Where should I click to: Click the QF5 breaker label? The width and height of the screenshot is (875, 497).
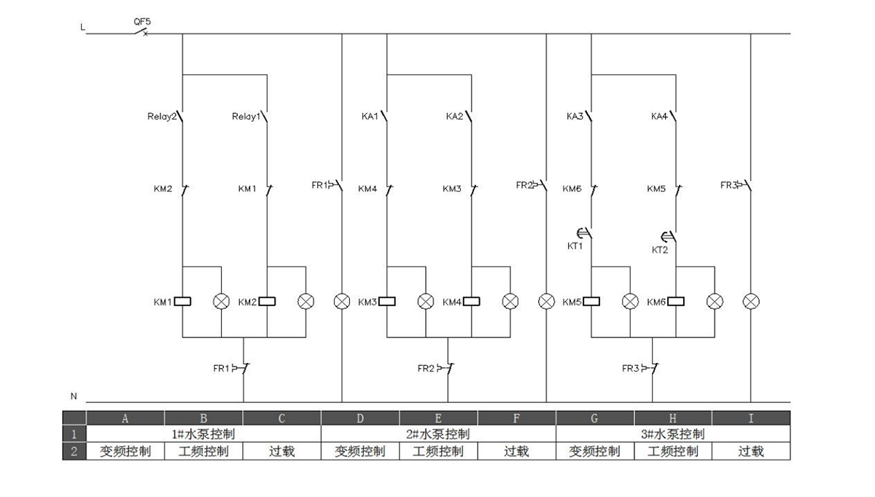coord(142,22)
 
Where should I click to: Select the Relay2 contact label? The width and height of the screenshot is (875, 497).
coord(162,117)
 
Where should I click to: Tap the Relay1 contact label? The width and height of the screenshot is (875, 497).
coord(246,117)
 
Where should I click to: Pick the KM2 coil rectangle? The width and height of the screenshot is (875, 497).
coord(268,301)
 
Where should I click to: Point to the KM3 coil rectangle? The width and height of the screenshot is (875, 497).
coord(387,301)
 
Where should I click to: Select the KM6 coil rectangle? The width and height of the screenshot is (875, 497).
coord(677,301)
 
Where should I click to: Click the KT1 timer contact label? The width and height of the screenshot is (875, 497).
coord(575,246)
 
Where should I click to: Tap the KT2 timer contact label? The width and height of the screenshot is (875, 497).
coord(659,249)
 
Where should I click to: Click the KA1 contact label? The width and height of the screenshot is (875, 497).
coord(370,117)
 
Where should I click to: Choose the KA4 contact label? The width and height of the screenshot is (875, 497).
coord(659,117)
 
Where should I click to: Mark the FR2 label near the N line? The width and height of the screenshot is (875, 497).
coord(426,369)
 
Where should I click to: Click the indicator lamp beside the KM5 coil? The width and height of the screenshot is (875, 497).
coord(630,301)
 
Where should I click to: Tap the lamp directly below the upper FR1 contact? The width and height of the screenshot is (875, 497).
coord(342,301)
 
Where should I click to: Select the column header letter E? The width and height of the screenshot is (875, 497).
coord(438,418)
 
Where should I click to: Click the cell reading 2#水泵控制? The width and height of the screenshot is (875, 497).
coord(438,434)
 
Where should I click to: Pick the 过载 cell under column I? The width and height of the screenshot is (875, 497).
coord(751,451)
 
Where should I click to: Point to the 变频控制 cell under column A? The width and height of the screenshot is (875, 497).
coord(125,451)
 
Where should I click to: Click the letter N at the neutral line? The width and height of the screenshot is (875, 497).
coord(74,396)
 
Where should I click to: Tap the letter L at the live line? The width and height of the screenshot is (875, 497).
coord(82,28)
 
